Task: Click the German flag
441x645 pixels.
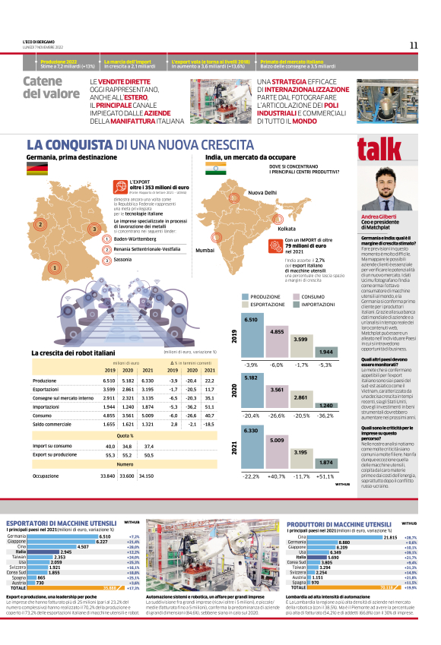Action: point(37,169)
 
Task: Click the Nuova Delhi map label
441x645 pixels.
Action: point(265,193)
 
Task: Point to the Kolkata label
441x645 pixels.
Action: point(287,228)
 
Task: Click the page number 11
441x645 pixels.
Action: point(414,45)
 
